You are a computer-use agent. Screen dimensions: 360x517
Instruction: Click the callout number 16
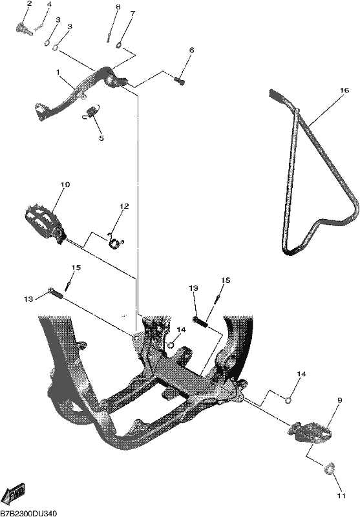tap(344, 90)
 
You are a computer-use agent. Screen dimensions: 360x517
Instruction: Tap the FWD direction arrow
tap(16, 494)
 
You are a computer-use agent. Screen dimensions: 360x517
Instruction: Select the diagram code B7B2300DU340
tap(26, 513)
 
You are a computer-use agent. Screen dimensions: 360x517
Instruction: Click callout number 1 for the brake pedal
tap(58, 72)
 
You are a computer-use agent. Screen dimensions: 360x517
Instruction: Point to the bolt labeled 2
tap(24, 27)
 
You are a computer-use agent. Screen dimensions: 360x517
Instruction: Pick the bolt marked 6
tap(180, 80)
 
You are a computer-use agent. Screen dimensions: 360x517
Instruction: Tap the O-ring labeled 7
tap(120, 45)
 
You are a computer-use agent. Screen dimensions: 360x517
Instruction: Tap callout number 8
tap(118, 7)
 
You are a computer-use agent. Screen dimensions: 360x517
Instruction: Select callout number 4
tap(48, 5)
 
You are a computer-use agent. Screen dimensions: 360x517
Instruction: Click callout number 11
tap(341, 505)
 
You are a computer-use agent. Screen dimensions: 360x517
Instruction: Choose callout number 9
tap(340, 400)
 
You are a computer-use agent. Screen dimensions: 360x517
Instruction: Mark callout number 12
tap(124, 206)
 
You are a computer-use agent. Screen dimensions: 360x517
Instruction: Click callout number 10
tap(65, 184)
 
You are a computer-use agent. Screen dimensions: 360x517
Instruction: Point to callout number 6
tap(191, 50)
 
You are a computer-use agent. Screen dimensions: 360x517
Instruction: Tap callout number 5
tap(101, 138)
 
